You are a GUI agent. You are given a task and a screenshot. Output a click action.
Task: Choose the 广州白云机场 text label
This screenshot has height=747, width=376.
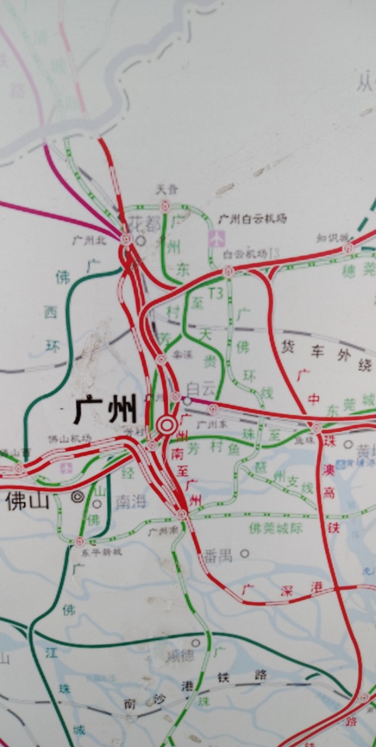click(253, 219)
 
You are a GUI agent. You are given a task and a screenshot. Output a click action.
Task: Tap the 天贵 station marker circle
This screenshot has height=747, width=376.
click(165, 206)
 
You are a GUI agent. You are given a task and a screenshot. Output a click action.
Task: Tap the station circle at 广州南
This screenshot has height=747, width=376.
click(182, 514)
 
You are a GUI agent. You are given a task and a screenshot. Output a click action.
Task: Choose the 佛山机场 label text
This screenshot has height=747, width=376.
click(69, 438)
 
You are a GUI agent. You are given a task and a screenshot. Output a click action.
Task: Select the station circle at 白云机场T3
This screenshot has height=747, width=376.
click(228, 271)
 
